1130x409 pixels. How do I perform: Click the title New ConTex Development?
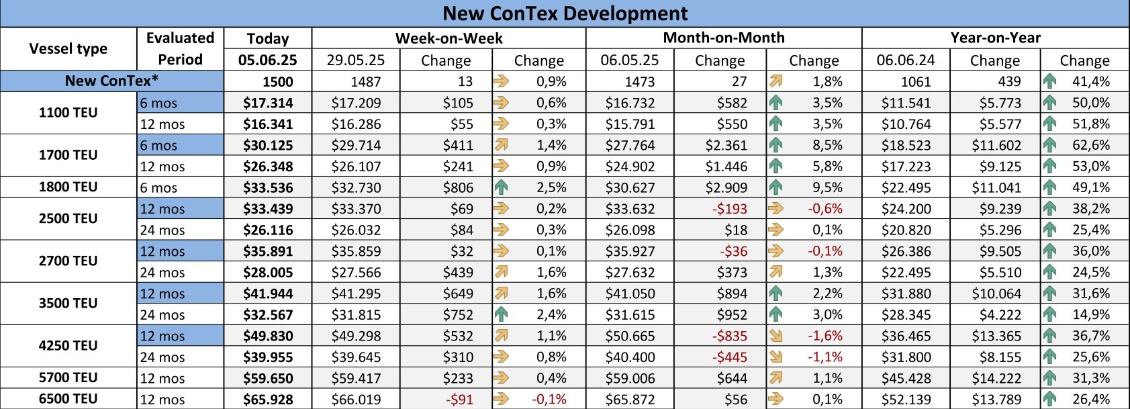pyautogui.click(x=565, y=13)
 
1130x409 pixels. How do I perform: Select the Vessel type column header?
pyautogui.click(x=68, y=48)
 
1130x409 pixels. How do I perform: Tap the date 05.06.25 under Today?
pyautogui.click(x=267, y=60)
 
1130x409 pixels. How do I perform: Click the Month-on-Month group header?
pyautogui.click(x=723, y=38)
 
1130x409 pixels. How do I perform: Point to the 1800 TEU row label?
pyautogui.click(x=68, y=187)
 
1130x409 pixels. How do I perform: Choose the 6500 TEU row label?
pyautogui.click(x=68, y=398)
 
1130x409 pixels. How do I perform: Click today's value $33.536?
pyautogui.click(x=268, y=187)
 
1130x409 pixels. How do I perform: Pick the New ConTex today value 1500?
pyautogui.click(x=277, y=81)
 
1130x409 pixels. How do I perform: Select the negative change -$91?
pyautogui.click(x=459, y=399)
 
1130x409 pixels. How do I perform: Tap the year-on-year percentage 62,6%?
pyautogui.click(x=1090, y=145)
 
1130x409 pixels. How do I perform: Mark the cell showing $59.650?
pyautogui.click(x=268, y=378)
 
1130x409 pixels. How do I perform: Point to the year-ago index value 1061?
pyautogui.click(x=916, y=81)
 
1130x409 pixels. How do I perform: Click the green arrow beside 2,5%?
pyautogui.click(x=501, y=187)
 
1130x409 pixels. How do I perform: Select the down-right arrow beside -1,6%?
pyautogui.click(x=775, y=336)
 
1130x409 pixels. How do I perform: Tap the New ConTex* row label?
pyautogui.click(x=111, y=81)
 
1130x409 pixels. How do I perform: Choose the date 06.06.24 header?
pyautogui.click(x=906, y=60)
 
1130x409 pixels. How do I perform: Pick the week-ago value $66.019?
pyautogui.click(x=356, y=399)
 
